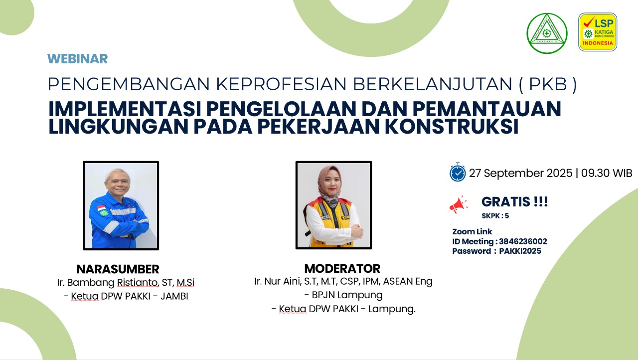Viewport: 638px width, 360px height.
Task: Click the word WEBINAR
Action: pyautogui.click(x=77, y=59)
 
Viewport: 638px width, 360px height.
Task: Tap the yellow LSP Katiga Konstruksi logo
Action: pyautogui.click(x=598, y=32)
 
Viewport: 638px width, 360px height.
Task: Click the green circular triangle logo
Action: pyautogui.click(x=547, y=33)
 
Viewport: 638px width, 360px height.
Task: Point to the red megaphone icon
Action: pyautogui.click(x=458, y=204)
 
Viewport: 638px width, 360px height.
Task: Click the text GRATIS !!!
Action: pyautogui.click(x=515, y=201)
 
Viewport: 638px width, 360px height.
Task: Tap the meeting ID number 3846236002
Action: pyautogui.click(x=523, y=241)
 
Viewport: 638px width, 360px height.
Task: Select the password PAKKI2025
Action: pyautogui.click(x=520, y=251)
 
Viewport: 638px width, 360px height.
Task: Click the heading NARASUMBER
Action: pyautogui.click(x=118, y=269)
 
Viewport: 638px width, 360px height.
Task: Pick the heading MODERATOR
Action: pyautogui.click(x=342, y=269)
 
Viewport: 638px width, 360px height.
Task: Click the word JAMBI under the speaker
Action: pyautogui.click(x=174, y=297)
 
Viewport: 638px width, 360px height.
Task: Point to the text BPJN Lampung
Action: pyautogui.click(x=347, y=295)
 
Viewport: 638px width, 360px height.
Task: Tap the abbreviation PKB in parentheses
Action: pyautogui.click(x=548, y=84)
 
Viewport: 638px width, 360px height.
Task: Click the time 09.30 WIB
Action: pyautogui.click(x=607, y=173)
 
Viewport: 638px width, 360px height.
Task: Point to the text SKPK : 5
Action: pyautogui.click(x=495, y=216)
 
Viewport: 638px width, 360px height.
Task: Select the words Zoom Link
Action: pyautogui.click(x=472, y=231)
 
